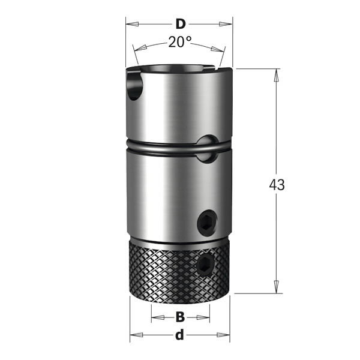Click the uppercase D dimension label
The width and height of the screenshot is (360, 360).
tap(179, 25)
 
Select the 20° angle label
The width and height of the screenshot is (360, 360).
tap(179, 42)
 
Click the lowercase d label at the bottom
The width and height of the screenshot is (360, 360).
tap(179, 335)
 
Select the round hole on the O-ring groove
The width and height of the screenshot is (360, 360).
tap(207, 147)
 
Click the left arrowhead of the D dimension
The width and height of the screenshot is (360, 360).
tap(130, 25)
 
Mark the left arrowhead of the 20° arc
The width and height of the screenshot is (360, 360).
tap(137, 50)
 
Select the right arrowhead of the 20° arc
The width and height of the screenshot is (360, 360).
tap(222, 50)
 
